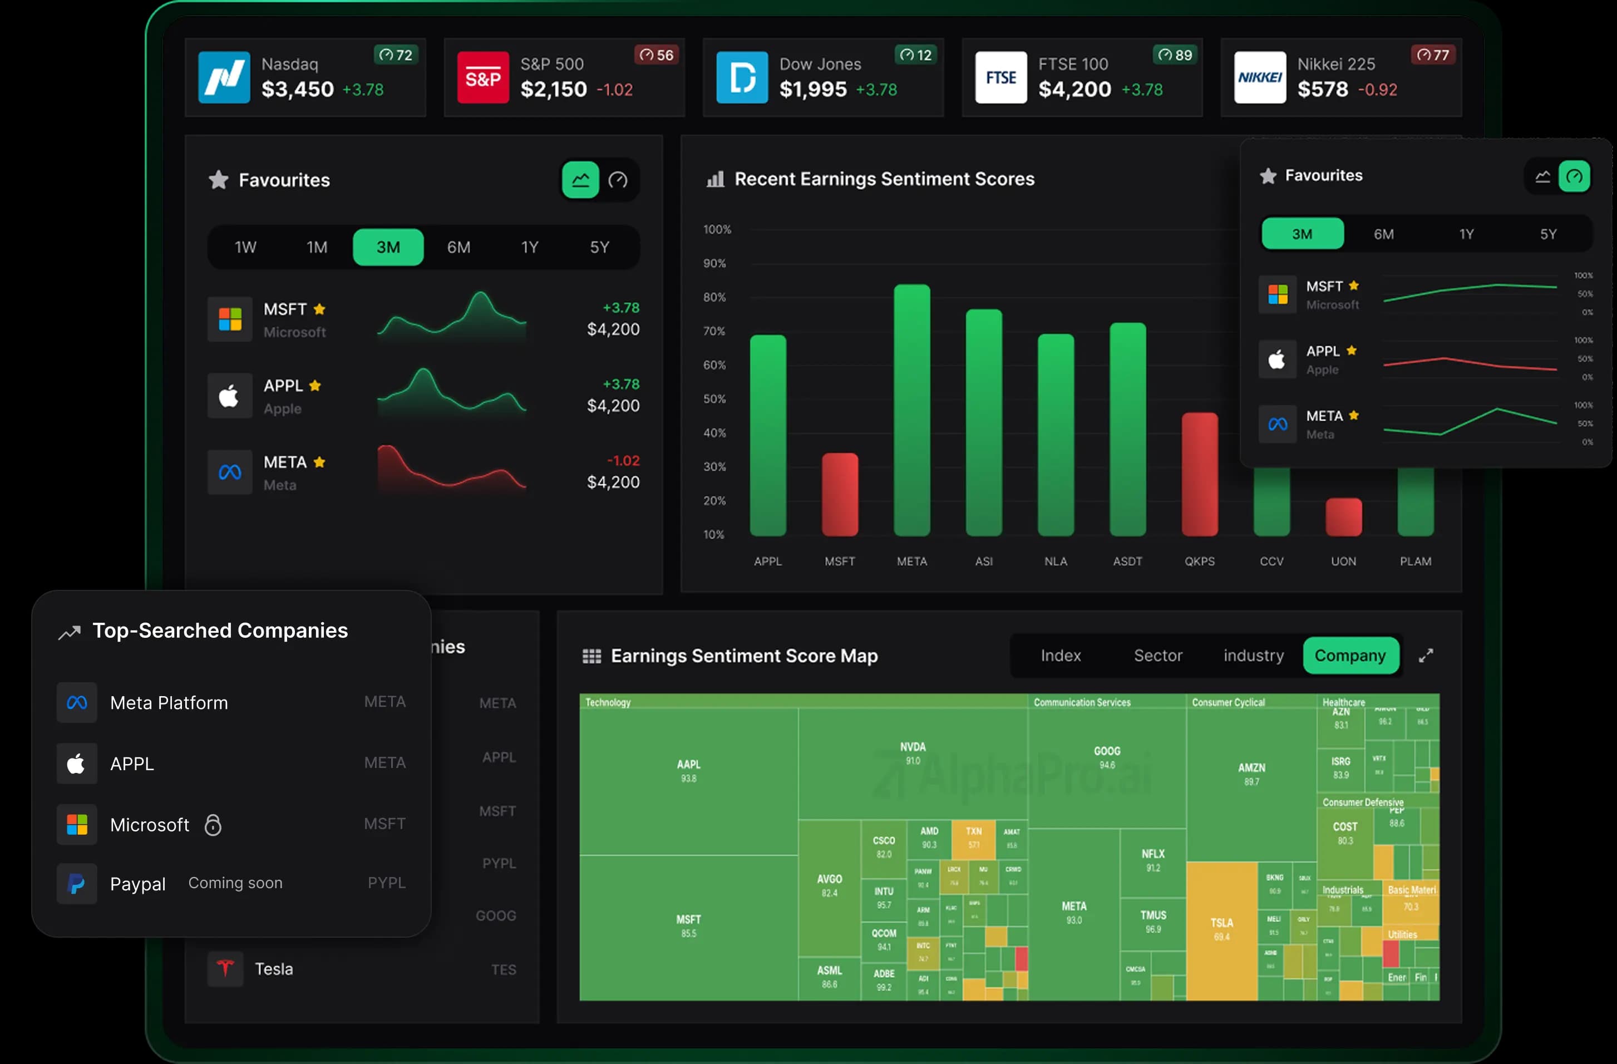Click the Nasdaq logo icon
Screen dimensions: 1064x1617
pyautogui.click(x=224, y=77)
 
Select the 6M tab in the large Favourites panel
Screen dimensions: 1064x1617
pyautogui.click(x=459, y=247)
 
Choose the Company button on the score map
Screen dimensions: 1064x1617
pyautogui.click(x=1350, y=656)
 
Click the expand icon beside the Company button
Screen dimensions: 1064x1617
pyautogui.click(x=1426, y=656)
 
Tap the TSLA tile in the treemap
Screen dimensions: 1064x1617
pyautogui.click(x=1221, y=929)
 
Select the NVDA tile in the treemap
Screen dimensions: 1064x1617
pyautogui.click(x=913, y=753)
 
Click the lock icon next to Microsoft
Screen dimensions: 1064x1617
pyautogui.click(x=213, y=825)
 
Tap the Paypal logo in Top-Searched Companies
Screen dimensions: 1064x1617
pyautogui.click(x=77, y=883)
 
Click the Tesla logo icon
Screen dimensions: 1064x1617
pyautogui.click(x=225, y=968)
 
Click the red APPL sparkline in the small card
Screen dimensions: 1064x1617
pyautogui.click(x=1470, y=363)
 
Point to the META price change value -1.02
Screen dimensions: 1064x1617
pyautogui.click(x=623, y=461)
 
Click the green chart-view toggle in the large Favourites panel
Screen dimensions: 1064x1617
pyautogui.click(x=580, y=180)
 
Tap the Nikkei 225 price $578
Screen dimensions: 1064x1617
pyautogui.click(x=1322, y=90)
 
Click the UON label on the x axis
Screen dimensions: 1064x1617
pyautogui.click(x=1343, y=561)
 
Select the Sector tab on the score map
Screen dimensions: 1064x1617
pyautogui.click(x=1158, y=656)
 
